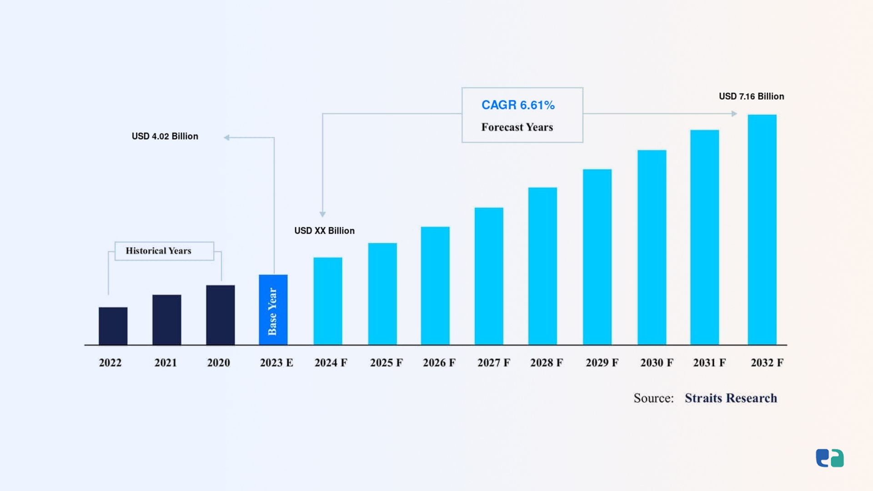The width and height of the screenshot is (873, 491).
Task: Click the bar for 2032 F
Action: tap(762, 230)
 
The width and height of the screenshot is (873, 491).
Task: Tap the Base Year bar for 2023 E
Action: tap(273, 310)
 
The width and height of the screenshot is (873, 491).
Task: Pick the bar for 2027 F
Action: tap(489, 276)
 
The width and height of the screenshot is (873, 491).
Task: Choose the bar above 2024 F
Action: tap(328, 301)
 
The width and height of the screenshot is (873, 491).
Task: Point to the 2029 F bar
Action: tap(597, 257)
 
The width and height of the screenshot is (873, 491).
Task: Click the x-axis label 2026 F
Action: tap(439, 363)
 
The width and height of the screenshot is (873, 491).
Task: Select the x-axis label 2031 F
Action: tap(709, 363)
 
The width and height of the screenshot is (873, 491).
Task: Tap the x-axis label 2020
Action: tap(219, 363)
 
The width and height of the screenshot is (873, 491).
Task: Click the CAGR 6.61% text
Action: tap(518, 105)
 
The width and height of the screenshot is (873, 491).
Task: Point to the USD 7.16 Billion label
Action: tap(751, 96)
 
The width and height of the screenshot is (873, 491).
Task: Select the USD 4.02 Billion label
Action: tap(165, 136)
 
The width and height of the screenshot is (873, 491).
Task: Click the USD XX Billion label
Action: tap(324, 231)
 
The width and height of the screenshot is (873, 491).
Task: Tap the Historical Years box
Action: tap(164, 251)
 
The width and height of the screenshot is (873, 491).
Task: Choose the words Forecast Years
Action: tap(517, 127)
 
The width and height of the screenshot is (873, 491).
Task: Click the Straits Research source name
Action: tap(731, 398)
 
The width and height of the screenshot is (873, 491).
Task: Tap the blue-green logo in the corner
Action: tap(830, 458)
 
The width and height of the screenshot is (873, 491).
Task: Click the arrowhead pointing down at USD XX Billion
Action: tap(322, 214)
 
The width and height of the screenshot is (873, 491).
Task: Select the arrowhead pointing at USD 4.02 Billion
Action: tap(226, 137)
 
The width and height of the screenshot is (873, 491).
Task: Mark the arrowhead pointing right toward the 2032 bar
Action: tap(734, 114)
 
